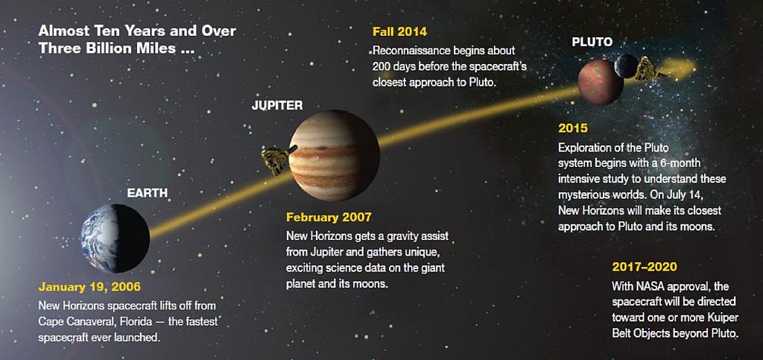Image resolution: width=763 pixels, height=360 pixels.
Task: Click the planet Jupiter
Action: pyautogui.click(x=334, y=155)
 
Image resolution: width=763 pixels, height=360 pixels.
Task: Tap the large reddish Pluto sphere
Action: pyautogui.click(x=599, y=82)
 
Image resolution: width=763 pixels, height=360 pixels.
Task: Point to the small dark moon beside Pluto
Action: pyautogui.click(x=627, y=66)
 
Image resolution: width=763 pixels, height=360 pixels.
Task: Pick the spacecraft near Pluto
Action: pyautogui.click(x=649, y=69)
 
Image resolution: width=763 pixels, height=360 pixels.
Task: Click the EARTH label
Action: pyautogui.click(x=148, y=194)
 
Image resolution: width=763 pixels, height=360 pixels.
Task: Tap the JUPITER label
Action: pyautogui.click(x=277, y=105)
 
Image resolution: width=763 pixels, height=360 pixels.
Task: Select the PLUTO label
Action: pyautogui.click(x=592, y=42)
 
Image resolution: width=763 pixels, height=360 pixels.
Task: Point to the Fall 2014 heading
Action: pyautogui.click(x=399, y=32)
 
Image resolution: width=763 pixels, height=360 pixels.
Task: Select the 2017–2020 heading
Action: pyautogui.click(x=645, y=266)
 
